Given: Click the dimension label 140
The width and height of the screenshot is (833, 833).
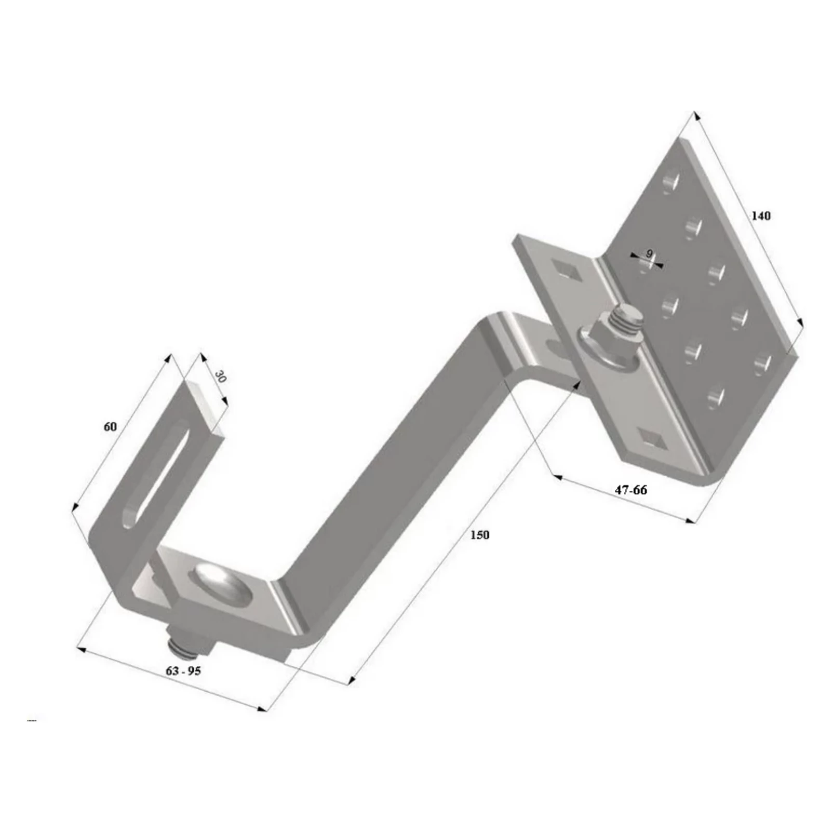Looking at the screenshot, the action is point(761,215).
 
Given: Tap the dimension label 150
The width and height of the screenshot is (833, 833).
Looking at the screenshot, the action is point(479,534).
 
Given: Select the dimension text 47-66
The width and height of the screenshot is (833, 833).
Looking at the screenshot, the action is point(630,490).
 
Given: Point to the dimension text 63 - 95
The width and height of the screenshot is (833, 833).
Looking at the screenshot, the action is point(183,670).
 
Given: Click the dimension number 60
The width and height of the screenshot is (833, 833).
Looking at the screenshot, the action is point(110,427).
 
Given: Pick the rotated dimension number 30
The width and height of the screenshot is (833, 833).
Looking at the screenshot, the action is point(221,376).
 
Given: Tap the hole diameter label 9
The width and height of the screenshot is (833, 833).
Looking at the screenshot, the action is point(649,253).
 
